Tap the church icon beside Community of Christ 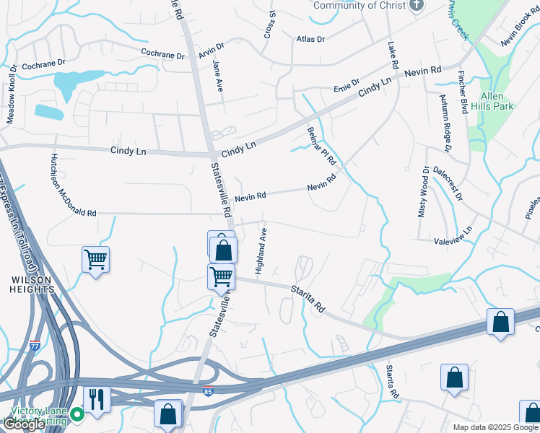click(415, 5)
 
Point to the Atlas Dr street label click(310, 38)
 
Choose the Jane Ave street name click(217, 75)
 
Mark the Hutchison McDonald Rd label click(73, 185)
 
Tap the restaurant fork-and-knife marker click(96, 399)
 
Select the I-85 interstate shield click(208, 388)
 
